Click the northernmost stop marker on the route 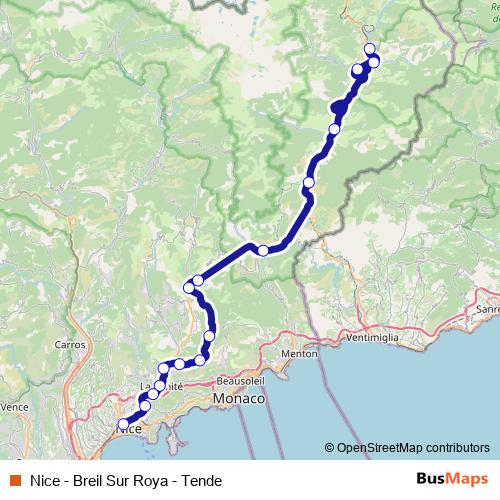coord(369,49)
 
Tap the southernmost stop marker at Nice coord(123,425)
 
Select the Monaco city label coord(238,398)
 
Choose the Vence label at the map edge coord(14,407)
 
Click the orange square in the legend coord(15,480)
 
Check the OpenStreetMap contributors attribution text coord(409,448)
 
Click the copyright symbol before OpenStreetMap coord(329,448)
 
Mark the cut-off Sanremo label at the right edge coord(487,309)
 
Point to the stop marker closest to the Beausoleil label coord(201,360)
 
